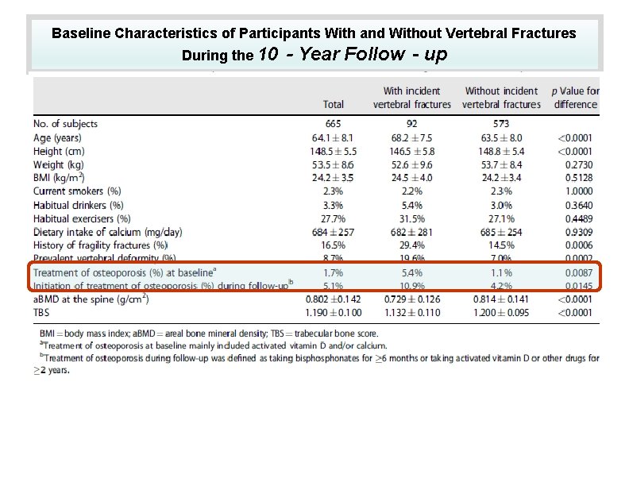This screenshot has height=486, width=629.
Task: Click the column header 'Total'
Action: tap(334, 104)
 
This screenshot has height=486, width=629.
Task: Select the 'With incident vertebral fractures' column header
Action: tap(411, 98)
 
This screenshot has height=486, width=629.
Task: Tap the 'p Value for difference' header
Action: tap(576, 98)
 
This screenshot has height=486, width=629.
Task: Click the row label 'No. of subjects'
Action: tap(65, 123)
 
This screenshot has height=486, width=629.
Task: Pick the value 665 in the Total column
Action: tap(334, 123)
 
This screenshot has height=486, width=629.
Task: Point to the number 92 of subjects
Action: tap(411, 123)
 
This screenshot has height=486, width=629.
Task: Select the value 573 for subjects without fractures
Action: tap(500, 123)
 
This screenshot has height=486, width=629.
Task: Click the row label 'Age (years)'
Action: tap(57, 137)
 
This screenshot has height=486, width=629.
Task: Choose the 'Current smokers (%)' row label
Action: tap(77, 191)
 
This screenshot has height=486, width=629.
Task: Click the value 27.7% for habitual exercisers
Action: tap(334, 218)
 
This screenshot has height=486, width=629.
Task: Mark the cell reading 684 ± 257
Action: tap(334, 232)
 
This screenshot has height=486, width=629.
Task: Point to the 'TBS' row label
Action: tap(41, 313)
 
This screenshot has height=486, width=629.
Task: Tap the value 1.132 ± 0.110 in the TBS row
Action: tap(411, 313)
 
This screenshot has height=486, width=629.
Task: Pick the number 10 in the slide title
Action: tap(268, 55)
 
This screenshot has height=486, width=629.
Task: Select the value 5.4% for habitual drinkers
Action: tap(411, 205)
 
